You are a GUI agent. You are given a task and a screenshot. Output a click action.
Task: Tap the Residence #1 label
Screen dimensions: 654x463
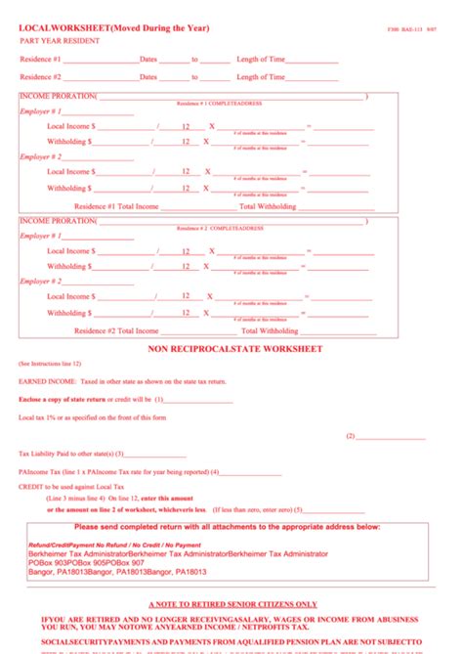[x=41, y=60]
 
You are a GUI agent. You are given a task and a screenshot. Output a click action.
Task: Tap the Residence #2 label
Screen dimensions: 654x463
[x=41, y=76]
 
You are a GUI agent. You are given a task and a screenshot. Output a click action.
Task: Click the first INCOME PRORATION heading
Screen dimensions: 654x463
[x=58, y=96]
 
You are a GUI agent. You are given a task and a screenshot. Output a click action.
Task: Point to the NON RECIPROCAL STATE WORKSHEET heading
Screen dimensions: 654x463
[x=234, y=349]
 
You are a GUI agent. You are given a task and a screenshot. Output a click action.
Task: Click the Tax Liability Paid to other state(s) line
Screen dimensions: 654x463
[x=71, y=454]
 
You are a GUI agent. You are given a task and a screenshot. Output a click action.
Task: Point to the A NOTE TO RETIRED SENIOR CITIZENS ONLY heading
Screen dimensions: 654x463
[x=232, y=604]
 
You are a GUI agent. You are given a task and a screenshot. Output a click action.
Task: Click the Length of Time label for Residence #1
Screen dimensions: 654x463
[x=261, y=60]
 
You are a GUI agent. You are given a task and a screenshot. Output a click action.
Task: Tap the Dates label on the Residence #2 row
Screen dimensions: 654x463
[x=148, y=76]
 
